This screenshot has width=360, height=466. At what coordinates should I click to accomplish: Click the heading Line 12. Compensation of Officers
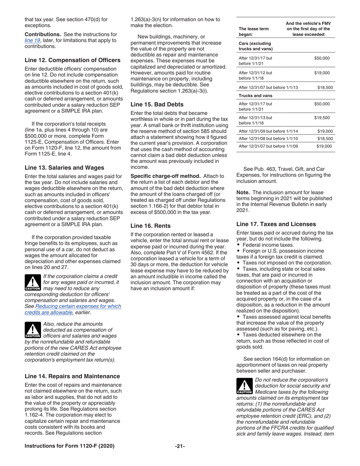point(72,60)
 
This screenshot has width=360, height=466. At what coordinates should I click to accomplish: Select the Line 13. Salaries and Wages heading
point(64,168)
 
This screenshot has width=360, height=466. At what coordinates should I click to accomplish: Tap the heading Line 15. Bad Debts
point(157,104)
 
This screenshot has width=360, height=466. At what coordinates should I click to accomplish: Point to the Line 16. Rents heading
point(150,226)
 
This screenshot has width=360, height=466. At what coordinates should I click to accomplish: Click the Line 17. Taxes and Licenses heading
point(276,224)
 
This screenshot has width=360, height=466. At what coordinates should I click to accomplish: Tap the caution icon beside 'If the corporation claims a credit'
point(33,282)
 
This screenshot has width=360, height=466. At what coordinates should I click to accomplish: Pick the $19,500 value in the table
point(322,118)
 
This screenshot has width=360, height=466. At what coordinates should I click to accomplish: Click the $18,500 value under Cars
point(325,88)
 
